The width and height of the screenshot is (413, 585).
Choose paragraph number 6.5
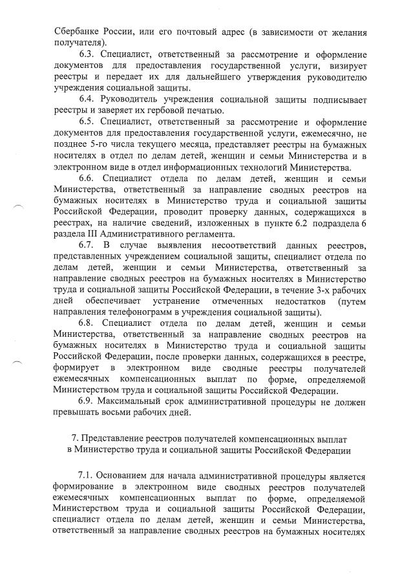coord(88,122)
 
